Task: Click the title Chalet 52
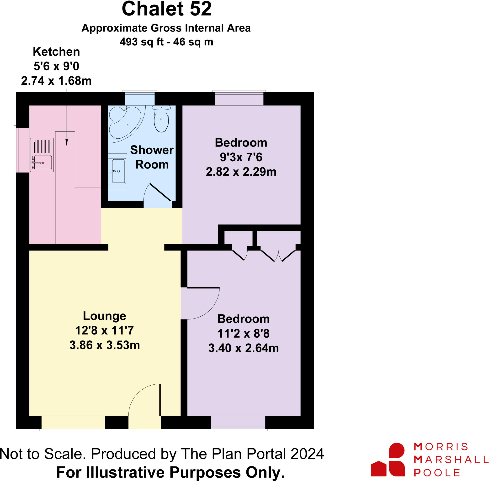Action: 166,9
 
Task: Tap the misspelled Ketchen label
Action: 56,52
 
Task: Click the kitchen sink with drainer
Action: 42,155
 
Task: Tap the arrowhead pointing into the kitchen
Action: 67,142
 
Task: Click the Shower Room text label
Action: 152,157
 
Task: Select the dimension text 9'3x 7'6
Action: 241,157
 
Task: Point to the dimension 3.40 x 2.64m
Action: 243,348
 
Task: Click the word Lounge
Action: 104,316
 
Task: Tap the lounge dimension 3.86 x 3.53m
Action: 104,345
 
